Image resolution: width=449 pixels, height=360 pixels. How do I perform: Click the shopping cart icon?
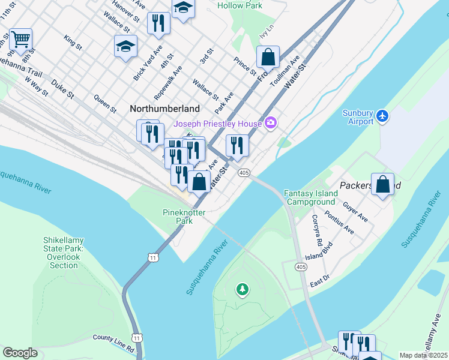[20, 40]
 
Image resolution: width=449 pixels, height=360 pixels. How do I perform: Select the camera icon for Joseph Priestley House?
[271, 124]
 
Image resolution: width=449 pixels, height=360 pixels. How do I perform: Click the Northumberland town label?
[164, 109]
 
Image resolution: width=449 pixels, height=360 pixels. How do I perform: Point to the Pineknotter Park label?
[184, 217]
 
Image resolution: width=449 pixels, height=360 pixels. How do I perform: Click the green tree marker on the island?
[243, 290]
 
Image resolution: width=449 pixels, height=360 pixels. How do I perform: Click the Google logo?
[20, 352]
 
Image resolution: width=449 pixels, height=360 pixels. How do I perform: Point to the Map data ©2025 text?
[423, 355]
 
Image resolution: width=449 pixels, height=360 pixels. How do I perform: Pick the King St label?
[73, 41]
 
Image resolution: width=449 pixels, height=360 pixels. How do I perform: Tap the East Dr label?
[320, 278]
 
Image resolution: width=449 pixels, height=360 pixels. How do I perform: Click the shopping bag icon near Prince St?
[268, 58]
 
